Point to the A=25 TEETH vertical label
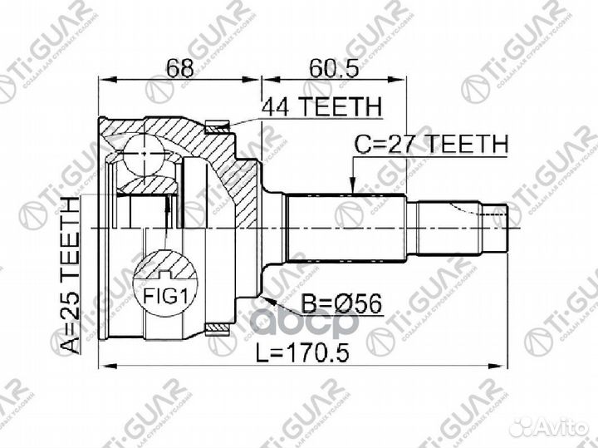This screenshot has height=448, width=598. point(72,275)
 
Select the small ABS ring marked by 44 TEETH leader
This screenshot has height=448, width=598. point(218,128)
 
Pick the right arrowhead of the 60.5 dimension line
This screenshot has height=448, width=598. point(402,81)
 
